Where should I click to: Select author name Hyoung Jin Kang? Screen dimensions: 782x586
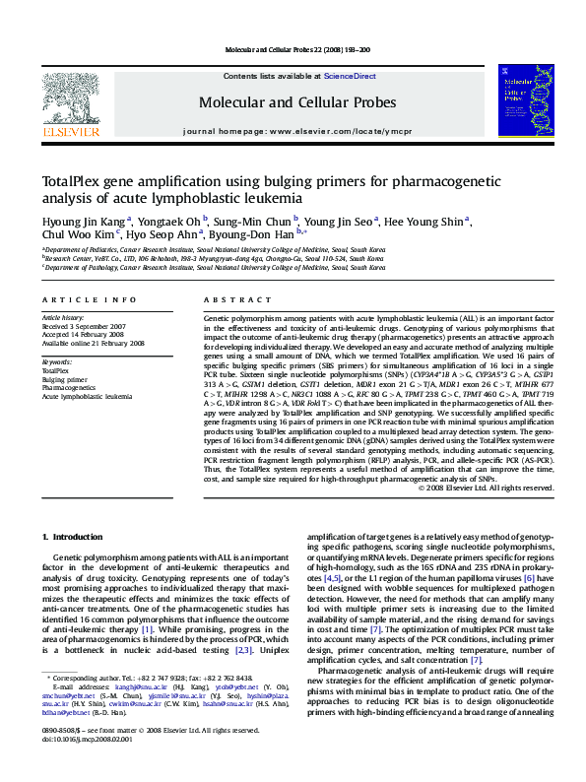[81, 221]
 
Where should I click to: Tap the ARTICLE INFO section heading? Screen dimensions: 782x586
[89, 299]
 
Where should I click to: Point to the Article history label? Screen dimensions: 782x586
[63, 319]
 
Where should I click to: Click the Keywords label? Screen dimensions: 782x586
[57, 361]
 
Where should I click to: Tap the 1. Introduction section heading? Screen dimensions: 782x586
[76, 536]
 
